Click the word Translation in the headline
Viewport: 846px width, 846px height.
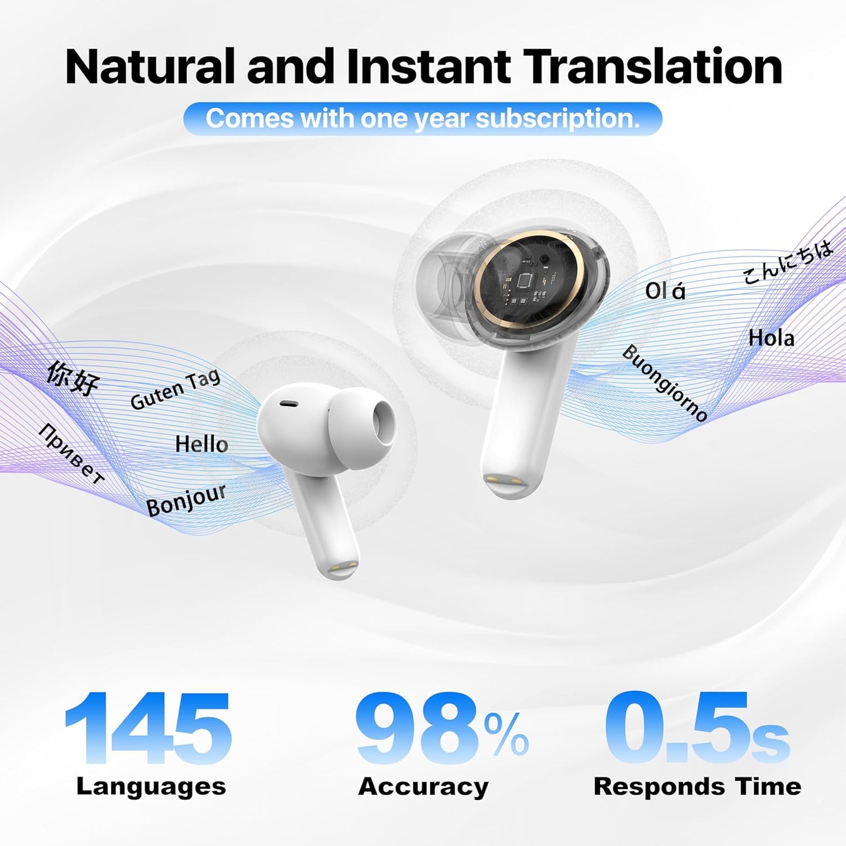pyautogui.click(x=652, y=67)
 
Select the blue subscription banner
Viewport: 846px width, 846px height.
pyautogui.click(x=423, y=119)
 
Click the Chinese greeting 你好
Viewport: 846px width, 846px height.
pyautogui.click(x=73, y=378)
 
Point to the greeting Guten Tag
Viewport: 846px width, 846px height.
pyautogui.click(x=175, y=389)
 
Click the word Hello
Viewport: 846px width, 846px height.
pyautogui.click(x=201, y=444)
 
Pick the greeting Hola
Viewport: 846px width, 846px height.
pyautogui.click(x=771, y=338)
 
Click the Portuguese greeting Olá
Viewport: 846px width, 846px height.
pyautogui.click(x=665, y=291)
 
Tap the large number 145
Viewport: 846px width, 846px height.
pyautogui.click(x=148, y=729)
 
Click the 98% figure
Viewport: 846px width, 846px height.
pyautogui.click(x=441, y=729)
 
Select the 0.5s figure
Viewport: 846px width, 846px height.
pyautogui.click(x=697, y=729)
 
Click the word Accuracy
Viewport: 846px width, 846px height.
pyautogui.click(x=423, y=786)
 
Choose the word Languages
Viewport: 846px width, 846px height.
pyautogui.click(x=151, y=786)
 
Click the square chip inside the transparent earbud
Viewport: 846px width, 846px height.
pyautogui.click(x=523, y=280)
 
